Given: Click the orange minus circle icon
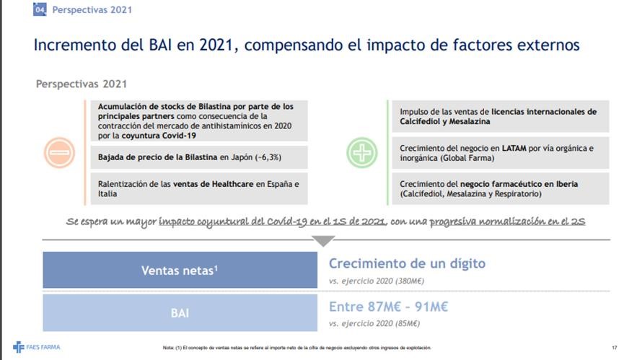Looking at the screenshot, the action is coord(59,153).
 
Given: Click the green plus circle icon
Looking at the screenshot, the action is coord(362,153).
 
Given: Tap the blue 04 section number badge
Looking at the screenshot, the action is coord(40,9).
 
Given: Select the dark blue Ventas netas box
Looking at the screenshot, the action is coord(180,270).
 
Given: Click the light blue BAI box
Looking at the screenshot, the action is coord(180,313).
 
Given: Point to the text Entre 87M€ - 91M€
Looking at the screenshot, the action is coord(388,307).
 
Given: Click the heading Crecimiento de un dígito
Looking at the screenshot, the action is coord(407,264).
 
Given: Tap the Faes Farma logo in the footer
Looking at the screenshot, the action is coord(37,348).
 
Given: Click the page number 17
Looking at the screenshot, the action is coord(614,348).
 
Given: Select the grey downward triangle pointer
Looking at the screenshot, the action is coord(323,240).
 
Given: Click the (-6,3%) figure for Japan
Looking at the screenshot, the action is coord(268,157).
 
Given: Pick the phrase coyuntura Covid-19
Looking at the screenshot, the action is coord(159,136).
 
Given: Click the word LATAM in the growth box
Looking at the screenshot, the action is coord(514,149).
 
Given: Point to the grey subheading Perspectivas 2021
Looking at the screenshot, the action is coord(82,84).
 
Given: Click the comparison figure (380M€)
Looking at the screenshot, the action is coord(410,281).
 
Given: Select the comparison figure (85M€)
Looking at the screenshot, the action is coord(408,323).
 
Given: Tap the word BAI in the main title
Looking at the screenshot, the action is coord(160,45).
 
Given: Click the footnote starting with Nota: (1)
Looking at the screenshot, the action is coord(297,348).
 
